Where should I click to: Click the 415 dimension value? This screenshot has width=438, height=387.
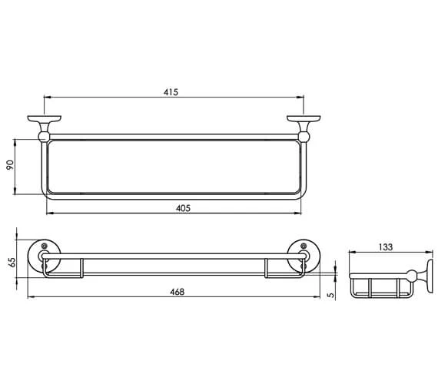pos(171,92)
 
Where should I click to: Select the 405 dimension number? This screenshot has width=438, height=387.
pos(182,208)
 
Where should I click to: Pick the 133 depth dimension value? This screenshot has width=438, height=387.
pos(387,246)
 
